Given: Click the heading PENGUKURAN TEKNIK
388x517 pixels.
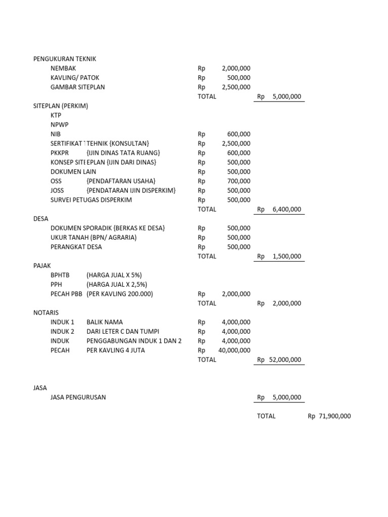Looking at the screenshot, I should [65, 59].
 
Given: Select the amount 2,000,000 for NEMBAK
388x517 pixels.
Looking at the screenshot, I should [236, 69].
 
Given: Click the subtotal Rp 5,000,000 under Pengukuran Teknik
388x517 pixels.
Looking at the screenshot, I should [279, 96].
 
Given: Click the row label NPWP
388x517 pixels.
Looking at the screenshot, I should [60, 125].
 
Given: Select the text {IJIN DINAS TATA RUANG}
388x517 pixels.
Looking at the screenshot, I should [124, 153].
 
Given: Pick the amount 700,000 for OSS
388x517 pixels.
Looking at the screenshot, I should [239, 181].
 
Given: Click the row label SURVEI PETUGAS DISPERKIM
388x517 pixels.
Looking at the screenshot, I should [91, 200].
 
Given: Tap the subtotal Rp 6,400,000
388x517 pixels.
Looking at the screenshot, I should [279, 209].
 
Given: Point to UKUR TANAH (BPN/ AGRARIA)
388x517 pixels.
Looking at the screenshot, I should [93, 237].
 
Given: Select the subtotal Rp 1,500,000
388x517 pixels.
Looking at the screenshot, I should [279, 256].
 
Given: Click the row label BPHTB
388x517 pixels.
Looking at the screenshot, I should [60, 275].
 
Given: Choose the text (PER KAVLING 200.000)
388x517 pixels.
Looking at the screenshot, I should [120, 294].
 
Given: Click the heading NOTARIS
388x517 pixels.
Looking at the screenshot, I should [46, 313].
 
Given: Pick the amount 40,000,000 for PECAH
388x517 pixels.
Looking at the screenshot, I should [234, 350].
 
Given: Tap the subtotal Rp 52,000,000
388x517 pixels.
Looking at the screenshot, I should [279, 360].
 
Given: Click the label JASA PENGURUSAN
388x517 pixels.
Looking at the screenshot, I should [78, 397].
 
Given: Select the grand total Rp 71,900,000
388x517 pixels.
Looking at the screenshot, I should [329, 417].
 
